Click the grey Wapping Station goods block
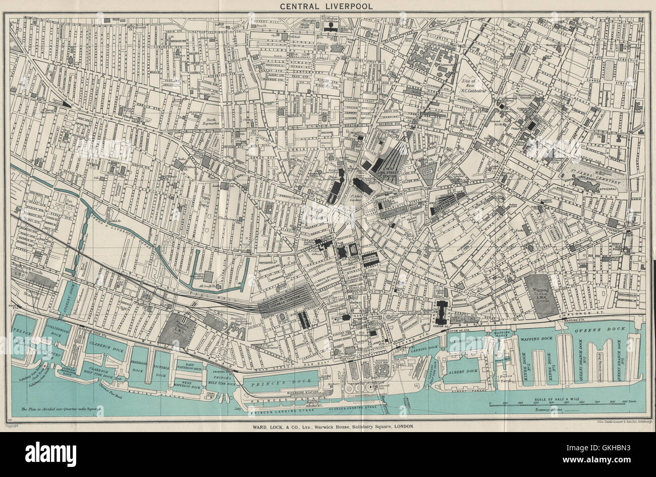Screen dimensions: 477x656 pos(541,296)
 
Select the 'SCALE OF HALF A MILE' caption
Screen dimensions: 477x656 pos(558,400)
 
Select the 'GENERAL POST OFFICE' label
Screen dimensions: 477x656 pos(370,258)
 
